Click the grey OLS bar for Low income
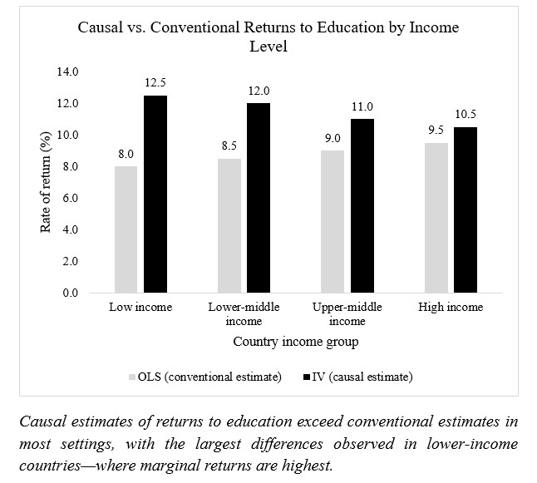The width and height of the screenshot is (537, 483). pos(127,229)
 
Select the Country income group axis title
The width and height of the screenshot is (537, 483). pos(297,342)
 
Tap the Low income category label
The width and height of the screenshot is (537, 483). pos(140,308)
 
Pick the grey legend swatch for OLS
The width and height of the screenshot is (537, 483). pos(131,377)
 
